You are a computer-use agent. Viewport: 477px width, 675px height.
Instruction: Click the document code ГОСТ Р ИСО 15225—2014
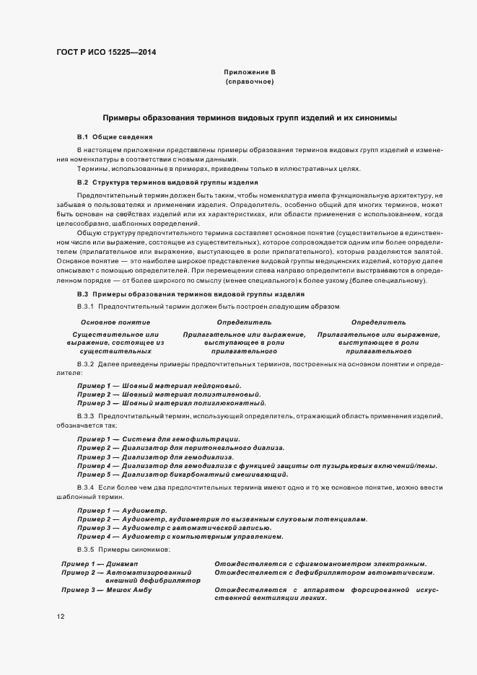pyautogui.click(x=107, y=52)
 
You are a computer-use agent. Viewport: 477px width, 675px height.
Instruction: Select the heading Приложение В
pyautogui.click(x=250, y=73)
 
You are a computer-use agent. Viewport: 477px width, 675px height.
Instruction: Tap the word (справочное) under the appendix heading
pyautogui.click(x=249, y=83)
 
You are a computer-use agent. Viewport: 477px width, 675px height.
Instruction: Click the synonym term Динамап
pyautogui.click(x=126, y=563)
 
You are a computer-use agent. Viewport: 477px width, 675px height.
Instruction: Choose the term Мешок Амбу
pyautogui.click(x=129, y=590)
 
